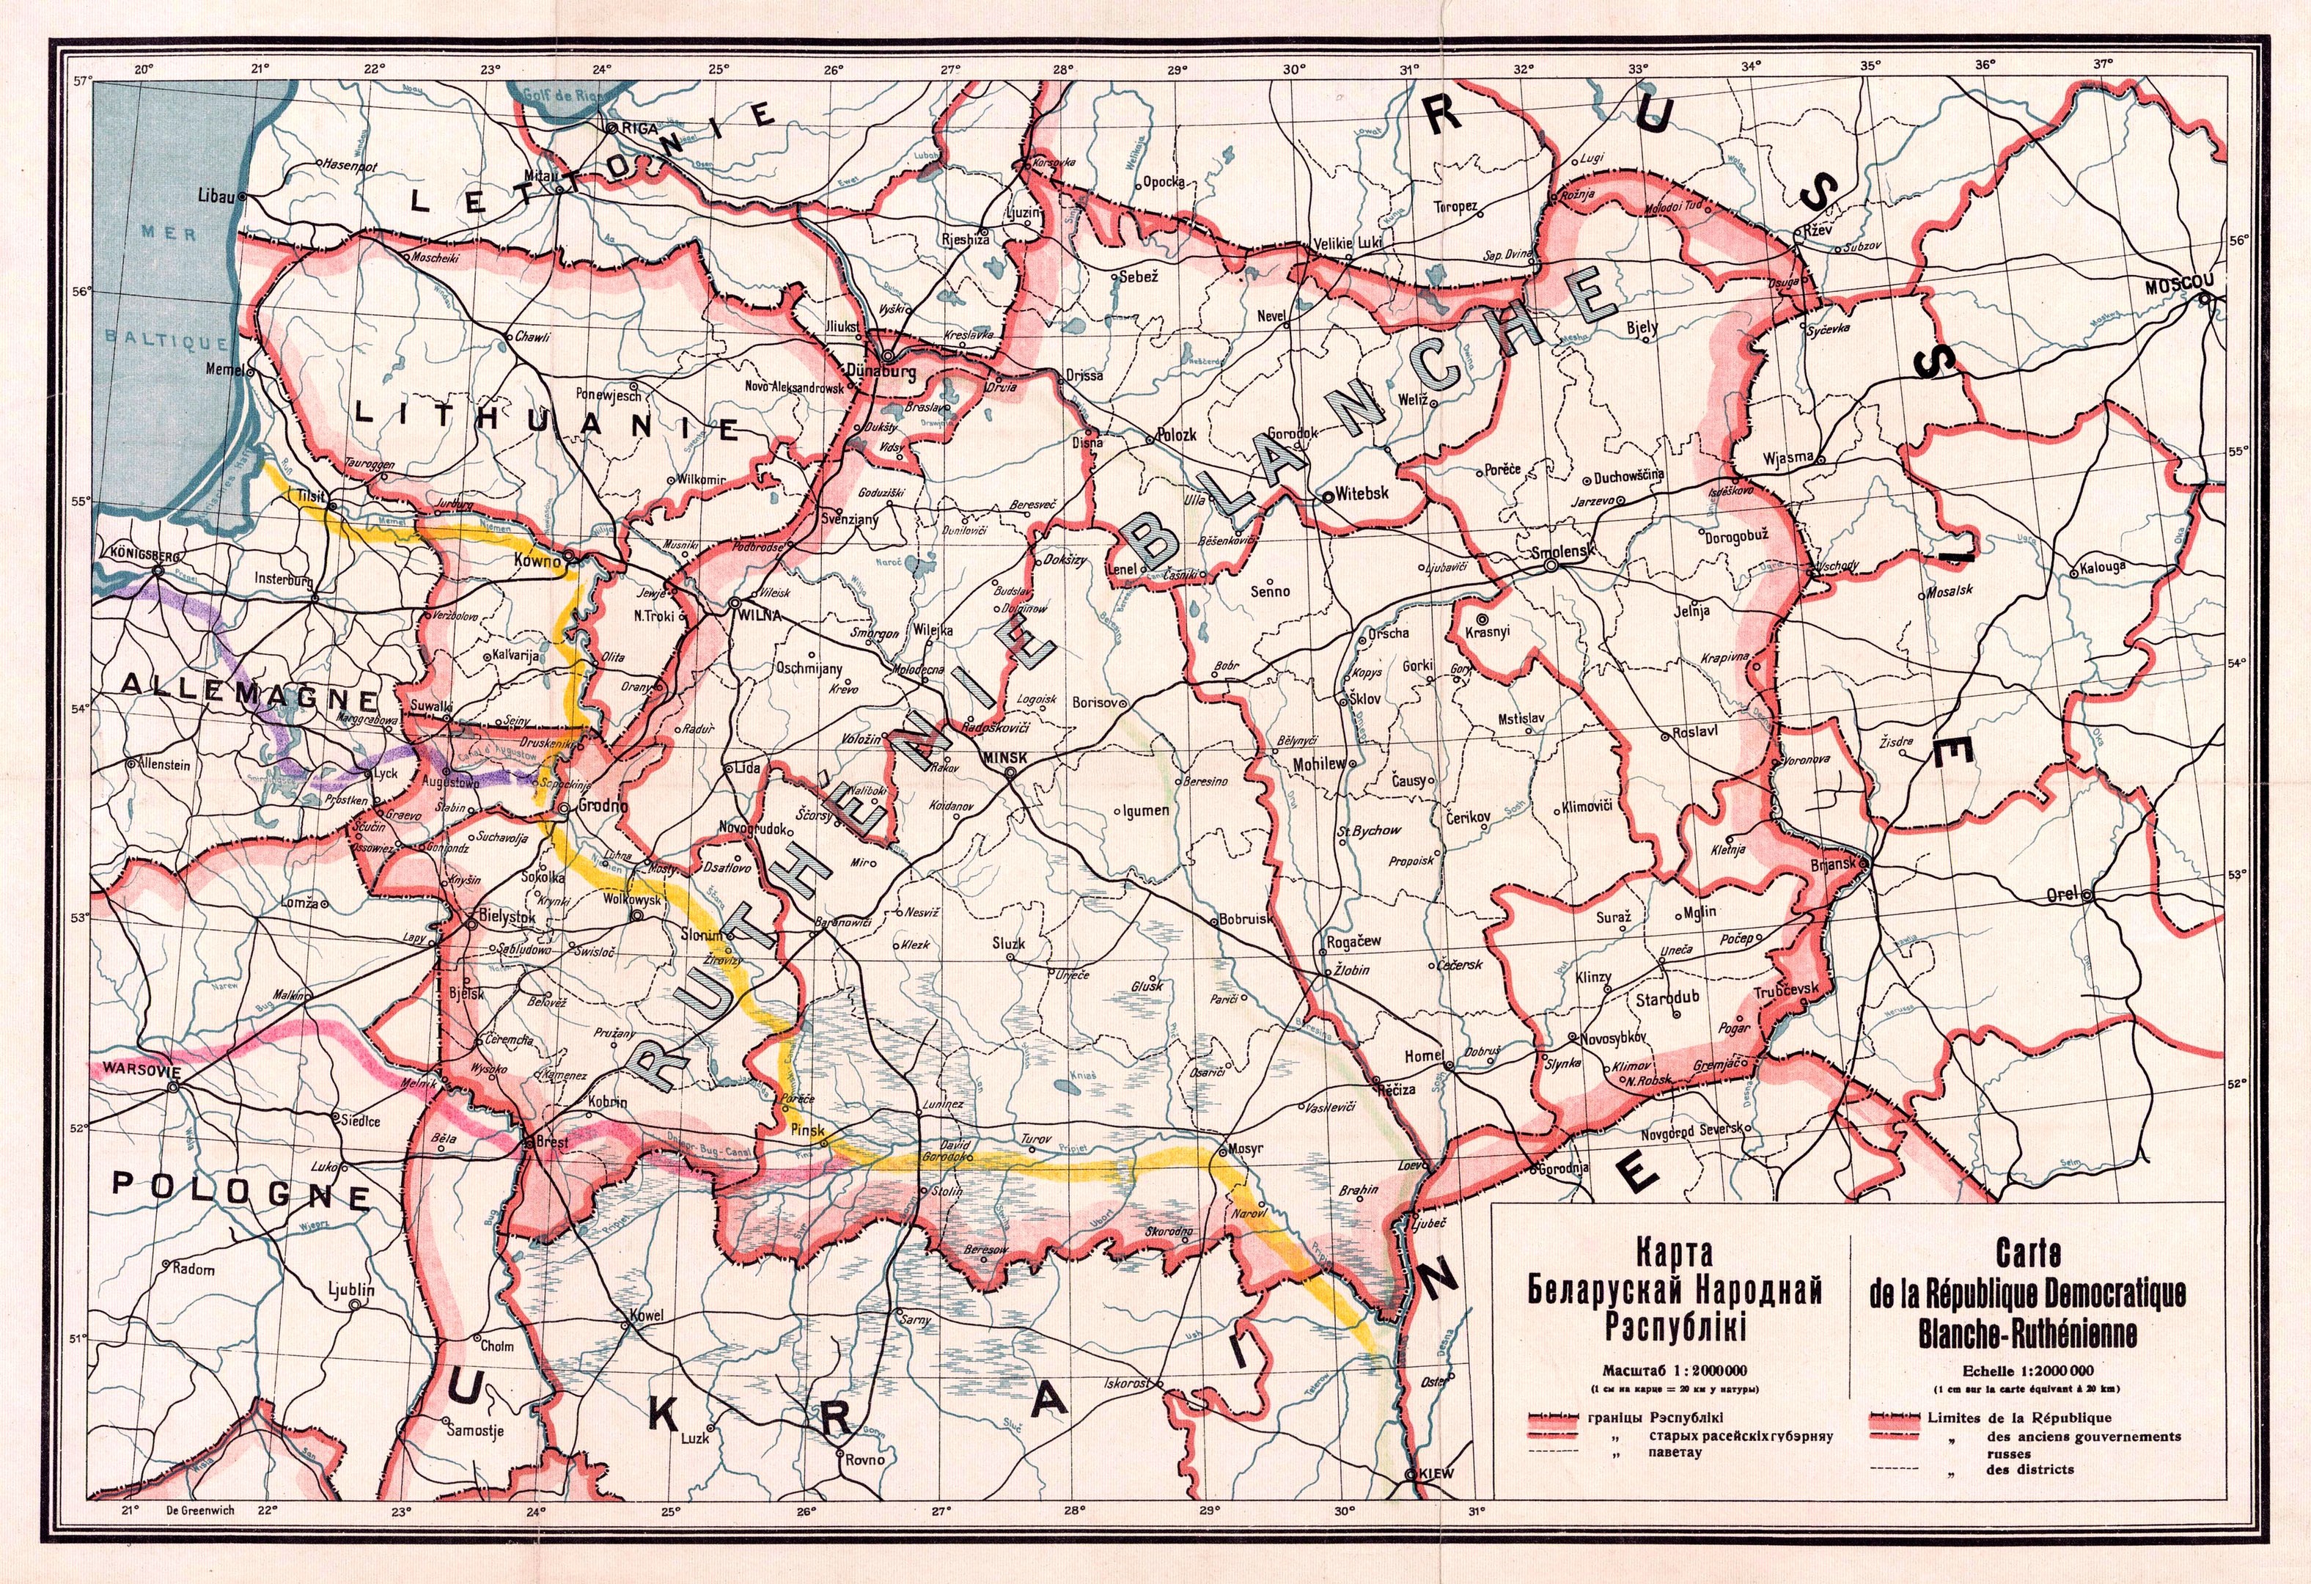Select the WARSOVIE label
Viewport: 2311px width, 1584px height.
(125, 1072)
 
